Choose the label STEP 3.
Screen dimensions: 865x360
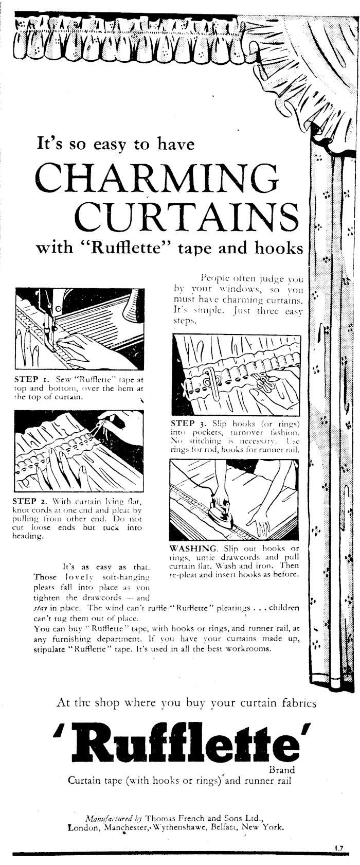(187, 423)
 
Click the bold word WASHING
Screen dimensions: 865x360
(188, 548)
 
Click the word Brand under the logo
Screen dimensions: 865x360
(282, 770)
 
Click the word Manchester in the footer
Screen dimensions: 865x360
(127, 828)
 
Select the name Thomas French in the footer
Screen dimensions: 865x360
(170, 818)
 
